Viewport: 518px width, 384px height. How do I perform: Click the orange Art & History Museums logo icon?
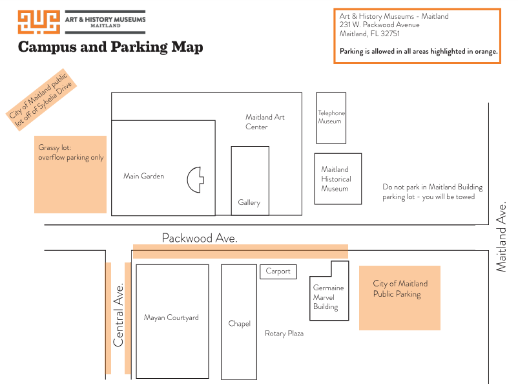[39, 22]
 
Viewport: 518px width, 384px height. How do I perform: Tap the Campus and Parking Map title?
[110, 47]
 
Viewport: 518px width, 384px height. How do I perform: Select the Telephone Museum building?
[331, 118]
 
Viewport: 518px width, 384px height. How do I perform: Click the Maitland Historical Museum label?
[336, 179]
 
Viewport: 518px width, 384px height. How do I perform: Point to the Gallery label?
[249, 202]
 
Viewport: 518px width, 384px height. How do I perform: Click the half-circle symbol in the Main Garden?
[195, 180]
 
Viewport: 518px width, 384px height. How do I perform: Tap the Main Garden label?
[143, 176]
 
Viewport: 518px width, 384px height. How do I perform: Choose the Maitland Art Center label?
[265, 122]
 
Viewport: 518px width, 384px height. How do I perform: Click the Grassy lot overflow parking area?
[70, 175]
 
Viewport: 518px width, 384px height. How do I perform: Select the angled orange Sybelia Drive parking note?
[41, 100]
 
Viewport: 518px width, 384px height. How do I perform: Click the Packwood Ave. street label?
[200, 238]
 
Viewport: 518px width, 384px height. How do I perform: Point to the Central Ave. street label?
[118, 315]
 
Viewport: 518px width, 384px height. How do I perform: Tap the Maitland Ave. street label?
[501, 237]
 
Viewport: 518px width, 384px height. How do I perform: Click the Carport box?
[278, 272]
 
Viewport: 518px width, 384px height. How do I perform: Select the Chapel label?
[240, 323]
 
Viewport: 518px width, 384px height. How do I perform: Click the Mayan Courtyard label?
[171, 317]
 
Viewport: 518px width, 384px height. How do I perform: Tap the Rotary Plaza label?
[284, 334]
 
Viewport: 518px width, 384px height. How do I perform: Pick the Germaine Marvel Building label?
[328, 297]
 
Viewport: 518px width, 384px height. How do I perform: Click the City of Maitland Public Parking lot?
[400, 298]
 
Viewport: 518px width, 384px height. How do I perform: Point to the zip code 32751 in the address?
[390, 34]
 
